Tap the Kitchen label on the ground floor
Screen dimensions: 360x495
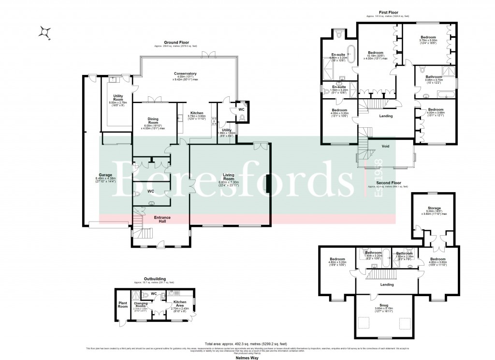[196, 113]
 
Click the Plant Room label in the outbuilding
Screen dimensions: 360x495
[123, 304]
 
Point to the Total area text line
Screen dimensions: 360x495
[247, 344]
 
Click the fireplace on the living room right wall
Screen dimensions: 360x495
[267, 184]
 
